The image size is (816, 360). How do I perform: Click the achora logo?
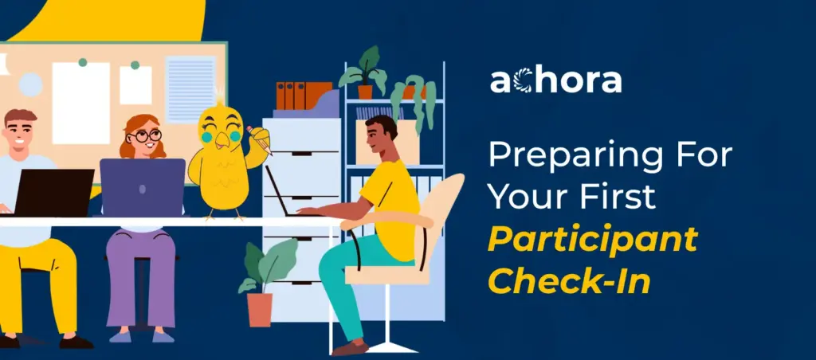(x=555, y=80)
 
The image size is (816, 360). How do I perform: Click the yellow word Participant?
(x=592, y=238)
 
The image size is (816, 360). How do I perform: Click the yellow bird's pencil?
(x=261, y=139)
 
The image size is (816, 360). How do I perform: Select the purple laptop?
(x=143, y=187)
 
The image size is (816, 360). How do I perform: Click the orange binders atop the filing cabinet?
(x=304, y=96)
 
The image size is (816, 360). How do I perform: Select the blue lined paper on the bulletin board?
(x=190, y=88)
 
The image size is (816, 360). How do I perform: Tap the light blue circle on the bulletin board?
(x=30, y=84)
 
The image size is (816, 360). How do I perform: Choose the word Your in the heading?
(x=522, y=196)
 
